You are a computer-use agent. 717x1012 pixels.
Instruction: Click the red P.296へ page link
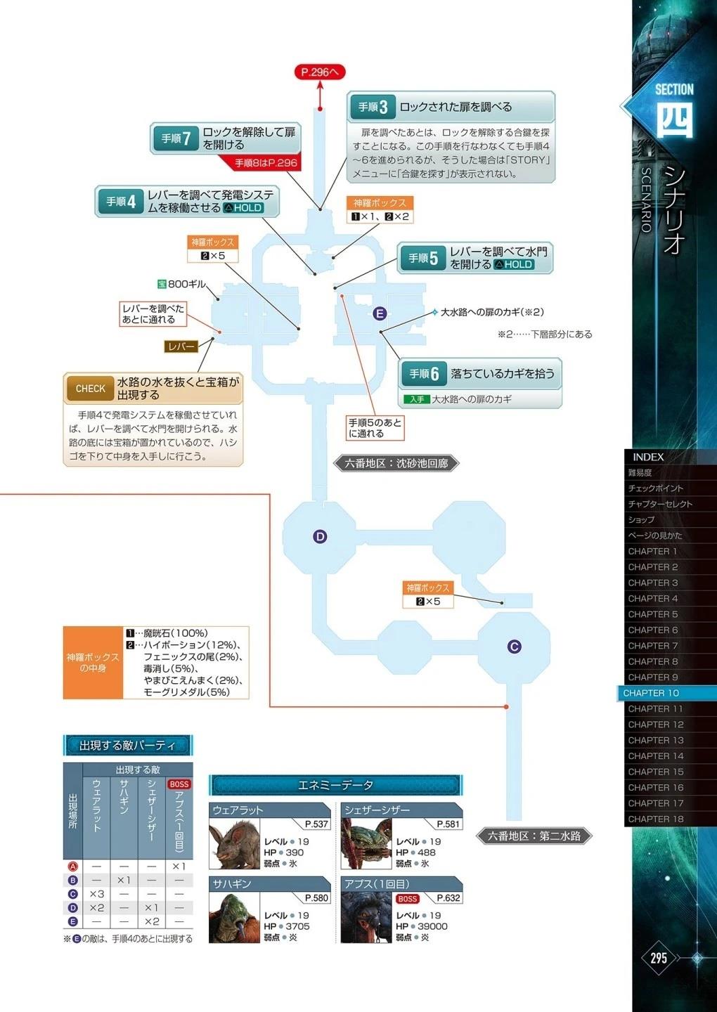320,72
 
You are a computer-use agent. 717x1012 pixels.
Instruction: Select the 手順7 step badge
176,138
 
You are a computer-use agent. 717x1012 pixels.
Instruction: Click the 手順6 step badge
424,374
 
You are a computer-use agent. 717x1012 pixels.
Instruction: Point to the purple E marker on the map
380,313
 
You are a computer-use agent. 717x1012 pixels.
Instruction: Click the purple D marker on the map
320,537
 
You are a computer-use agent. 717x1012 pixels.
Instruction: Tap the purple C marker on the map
514,647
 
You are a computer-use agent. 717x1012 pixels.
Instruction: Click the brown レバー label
181,346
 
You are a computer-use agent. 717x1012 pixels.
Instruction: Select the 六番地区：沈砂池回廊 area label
396,464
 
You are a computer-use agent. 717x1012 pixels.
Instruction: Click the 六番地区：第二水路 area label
534,836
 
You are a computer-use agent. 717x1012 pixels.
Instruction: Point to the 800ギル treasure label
181,284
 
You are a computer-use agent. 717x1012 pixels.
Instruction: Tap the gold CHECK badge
90,389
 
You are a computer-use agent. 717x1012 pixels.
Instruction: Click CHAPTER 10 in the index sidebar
651,693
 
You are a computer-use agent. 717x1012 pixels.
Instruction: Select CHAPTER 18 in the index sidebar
656,819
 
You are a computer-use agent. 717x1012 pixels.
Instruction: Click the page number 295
659,957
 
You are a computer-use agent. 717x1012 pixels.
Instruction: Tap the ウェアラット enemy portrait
234,844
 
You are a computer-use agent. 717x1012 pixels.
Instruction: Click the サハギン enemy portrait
234,918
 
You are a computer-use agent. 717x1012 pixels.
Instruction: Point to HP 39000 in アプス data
422,926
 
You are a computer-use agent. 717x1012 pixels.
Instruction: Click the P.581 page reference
448,824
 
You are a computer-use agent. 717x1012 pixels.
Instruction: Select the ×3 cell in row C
97,894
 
